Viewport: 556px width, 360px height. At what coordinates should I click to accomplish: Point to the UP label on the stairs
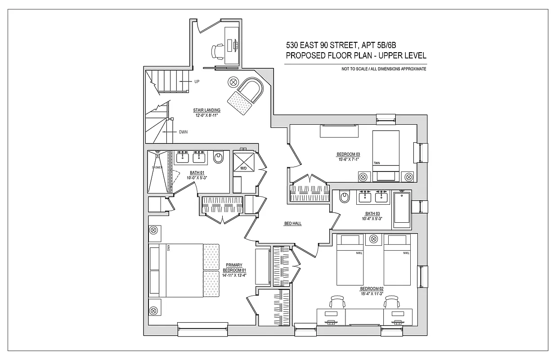click(x=197, y=81)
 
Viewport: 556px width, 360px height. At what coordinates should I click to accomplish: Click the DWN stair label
click(x=183, y=132)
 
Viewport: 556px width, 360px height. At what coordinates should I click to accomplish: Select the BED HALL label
click(x=292, y=224)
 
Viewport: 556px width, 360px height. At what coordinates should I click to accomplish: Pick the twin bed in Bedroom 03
click(x=386, y=151)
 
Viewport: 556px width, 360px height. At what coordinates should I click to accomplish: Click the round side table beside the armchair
click(x=234, y=82)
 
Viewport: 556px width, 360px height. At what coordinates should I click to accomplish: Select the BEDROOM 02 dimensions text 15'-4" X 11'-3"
click(x=371, y=293)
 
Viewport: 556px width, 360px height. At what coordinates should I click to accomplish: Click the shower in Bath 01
click(x=159, y=171)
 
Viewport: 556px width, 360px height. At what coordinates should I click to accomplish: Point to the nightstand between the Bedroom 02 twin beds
click(x=374, y=239)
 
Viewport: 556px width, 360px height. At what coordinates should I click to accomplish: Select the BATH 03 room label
click(x=372, y=213)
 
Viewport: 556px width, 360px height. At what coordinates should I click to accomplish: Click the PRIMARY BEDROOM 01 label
click(x=233, y=267)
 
